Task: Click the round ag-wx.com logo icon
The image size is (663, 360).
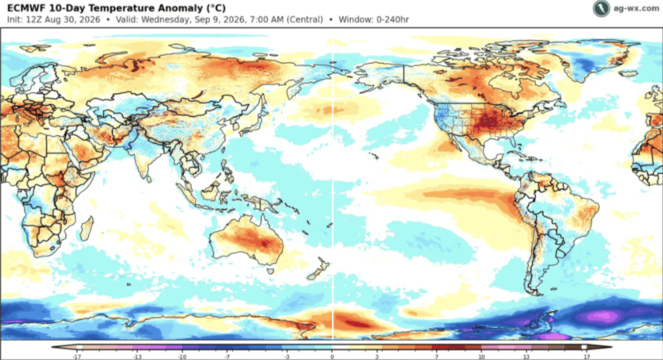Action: tap(601, 9)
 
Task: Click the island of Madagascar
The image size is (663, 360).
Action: tap(86, 228)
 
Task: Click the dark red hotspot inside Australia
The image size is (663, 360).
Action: tap(264, 244)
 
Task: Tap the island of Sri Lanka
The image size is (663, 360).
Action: tap(149, 179)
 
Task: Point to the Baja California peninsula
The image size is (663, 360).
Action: tap(456, 140)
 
